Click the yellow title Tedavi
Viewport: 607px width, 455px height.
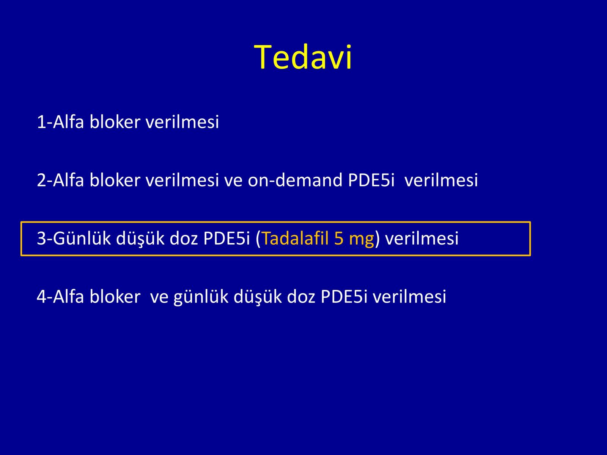tap(303, 58)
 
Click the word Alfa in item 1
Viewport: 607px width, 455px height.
tap(68, 122)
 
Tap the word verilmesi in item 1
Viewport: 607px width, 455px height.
tap(182, 122)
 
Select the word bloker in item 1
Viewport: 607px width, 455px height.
tap(115, 122)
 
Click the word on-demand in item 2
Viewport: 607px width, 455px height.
tap(295, 180)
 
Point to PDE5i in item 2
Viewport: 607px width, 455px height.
tap(371, 180)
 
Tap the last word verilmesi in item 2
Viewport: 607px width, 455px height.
tap(441, 180)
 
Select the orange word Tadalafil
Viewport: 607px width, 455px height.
tap(295, 238)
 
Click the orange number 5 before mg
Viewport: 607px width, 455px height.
tap(339, 238)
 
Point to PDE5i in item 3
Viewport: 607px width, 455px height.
tap(226, 238)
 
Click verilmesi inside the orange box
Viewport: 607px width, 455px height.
tap(422, 238)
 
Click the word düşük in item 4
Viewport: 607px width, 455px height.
tap(258, 297)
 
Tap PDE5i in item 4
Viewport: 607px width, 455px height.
tap(344, 297)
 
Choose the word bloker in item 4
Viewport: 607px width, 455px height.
tap(115, 297)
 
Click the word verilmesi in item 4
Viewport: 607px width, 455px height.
tap(409, 297)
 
